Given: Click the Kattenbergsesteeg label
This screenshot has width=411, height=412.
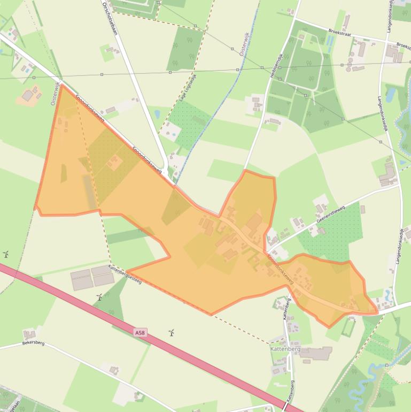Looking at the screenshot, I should (x=125, y=274).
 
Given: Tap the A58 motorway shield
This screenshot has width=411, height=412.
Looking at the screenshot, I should (x=139, y=333).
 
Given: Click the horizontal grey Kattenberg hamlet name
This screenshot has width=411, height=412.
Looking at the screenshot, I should (x=285, y=348).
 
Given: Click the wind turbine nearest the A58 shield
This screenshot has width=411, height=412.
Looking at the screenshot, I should (x=172, y=333).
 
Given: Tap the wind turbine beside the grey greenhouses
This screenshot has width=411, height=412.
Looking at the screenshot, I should (x=99, y=297).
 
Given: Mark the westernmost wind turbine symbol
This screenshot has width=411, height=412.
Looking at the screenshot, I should (x=6, y=254).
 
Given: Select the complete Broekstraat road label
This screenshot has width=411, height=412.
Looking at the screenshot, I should (x=342, y=33).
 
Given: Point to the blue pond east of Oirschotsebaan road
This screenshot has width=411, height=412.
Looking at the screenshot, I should (x=157, y=114).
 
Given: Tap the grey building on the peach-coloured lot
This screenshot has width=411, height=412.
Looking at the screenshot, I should (x=28, y=95).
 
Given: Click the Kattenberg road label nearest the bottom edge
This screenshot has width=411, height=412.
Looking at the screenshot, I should (x=290, y=392).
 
